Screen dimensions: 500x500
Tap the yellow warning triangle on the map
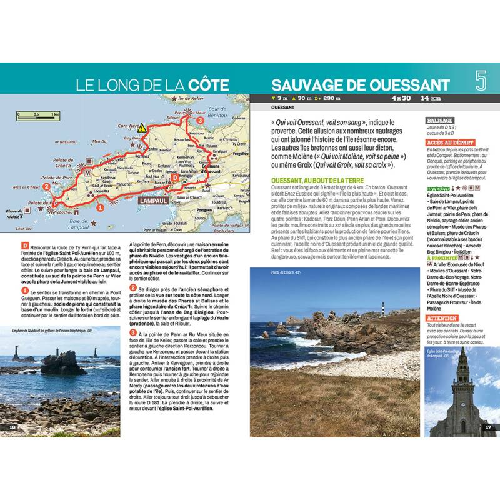(142, 127)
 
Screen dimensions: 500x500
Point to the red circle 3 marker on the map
(199, 119)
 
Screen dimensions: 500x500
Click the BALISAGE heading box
(440, 120)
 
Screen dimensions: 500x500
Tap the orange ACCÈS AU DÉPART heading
(450, 142)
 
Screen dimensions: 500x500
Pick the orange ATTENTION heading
(442, 318)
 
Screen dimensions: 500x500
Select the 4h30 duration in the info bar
(401, 98)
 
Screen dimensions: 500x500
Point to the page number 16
(12, 427)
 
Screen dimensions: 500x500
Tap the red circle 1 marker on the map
(101, 207)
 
